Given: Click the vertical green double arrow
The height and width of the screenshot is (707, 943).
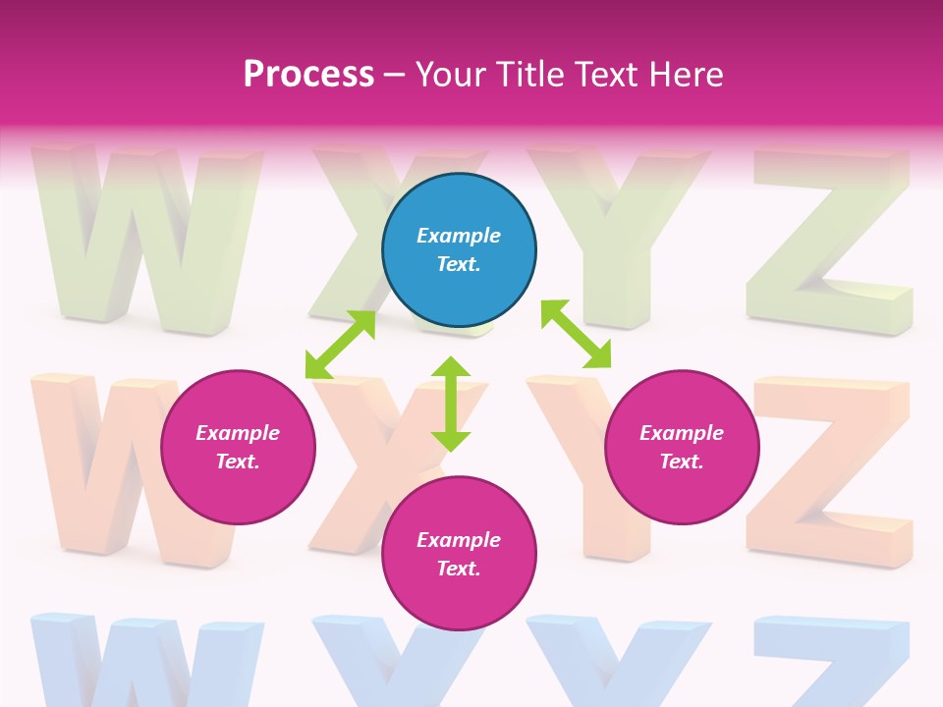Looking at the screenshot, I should [451, 404].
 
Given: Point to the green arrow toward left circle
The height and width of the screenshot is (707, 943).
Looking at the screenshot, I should [340, 345].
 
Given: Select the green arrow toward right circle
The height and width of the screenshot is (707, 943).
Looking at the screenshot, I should [576, 334].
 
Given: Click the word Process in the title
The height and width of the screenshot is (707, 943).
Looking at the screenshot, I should [308, 75].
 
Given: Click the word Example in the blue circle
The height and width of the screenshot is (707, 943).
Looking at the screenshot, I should [459, 236].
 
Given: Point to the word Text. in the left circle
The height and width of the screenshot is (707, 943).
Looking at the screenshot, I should [238, 462].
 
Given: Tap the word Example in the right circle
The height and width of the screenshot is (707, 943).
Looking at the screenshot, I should [682, 433].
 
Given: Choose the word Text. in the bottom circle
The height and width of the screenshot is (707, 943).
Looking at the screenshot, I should [459, 569].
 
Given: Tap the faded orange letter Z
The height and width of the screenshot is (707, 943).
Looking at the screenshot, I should [830, 471].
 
